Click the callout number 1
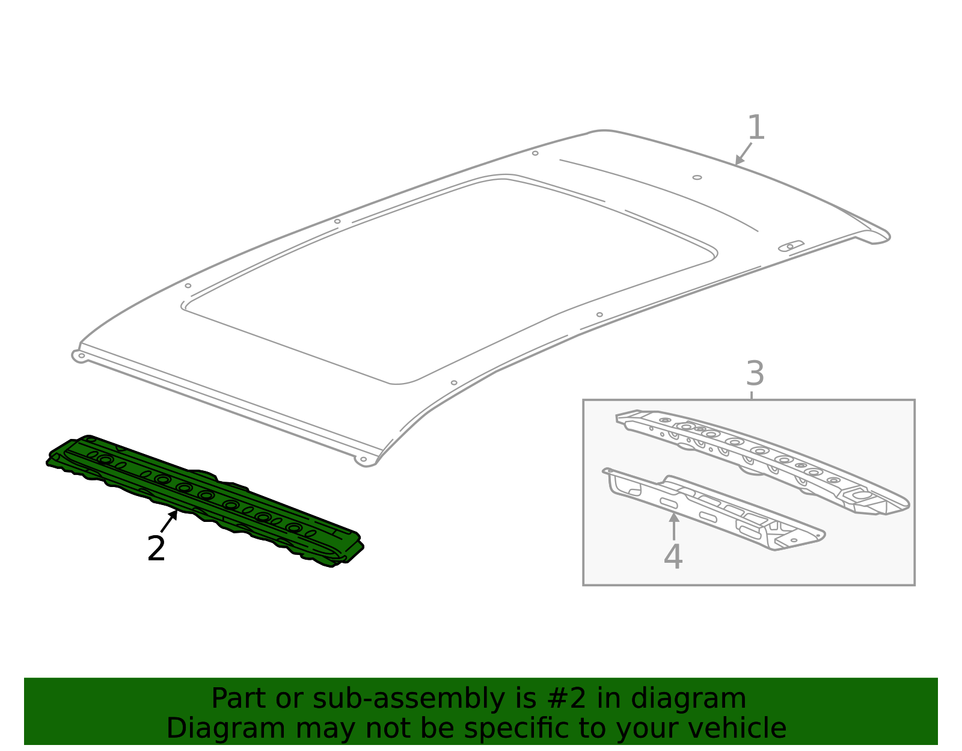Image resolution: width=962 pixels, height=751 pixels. (756, 128)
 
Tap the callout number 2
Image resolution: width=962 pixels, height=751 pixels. (156, 548)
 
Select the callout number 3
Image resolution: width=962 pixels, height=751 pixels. (755, 373)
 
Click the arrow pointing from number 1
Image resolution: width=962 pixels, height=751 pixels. (743, 154)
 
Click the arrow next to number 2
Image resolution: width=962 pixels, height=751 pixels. (170, 520)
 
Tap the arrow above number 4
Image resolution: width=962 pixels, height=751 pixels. (674, 526)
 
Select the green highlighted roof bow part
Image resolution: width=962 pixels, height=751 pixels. (204, 499)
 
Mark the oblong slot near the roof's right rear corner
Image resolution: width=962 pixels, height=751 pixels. (791, 246)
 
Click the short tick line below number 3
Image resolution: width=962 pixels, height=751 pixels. (752, 395)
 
